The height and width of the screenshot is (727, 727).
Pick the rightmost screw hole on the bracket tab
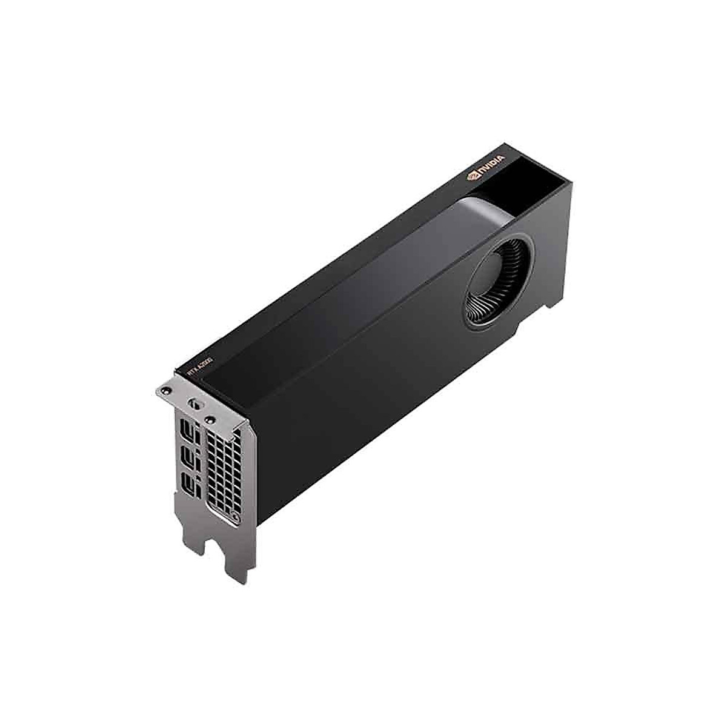[210, 418]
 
